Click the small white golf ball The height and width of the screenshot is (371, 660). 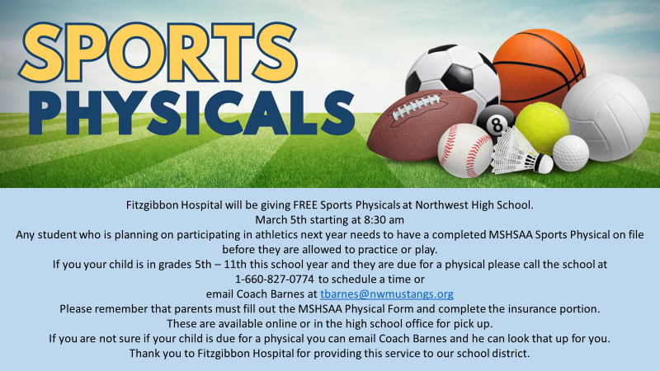coord(570,153)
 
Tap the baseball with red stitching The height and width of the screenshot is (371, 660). coord(464,151)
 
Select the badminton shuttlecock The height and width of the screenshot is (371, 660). coord(519,153)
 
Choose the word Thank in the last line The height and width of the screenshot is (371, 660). coord(145,354)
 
